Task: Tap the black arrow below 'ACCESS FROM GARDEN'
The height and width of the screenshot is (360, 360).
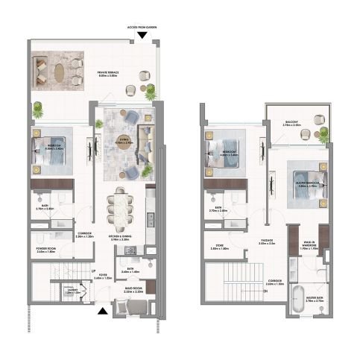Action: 133,42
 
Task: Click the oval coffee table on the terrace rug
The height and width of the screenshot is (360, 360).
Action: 59,72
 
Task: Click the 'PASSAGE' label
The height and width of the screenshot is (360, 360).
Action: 265,241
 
